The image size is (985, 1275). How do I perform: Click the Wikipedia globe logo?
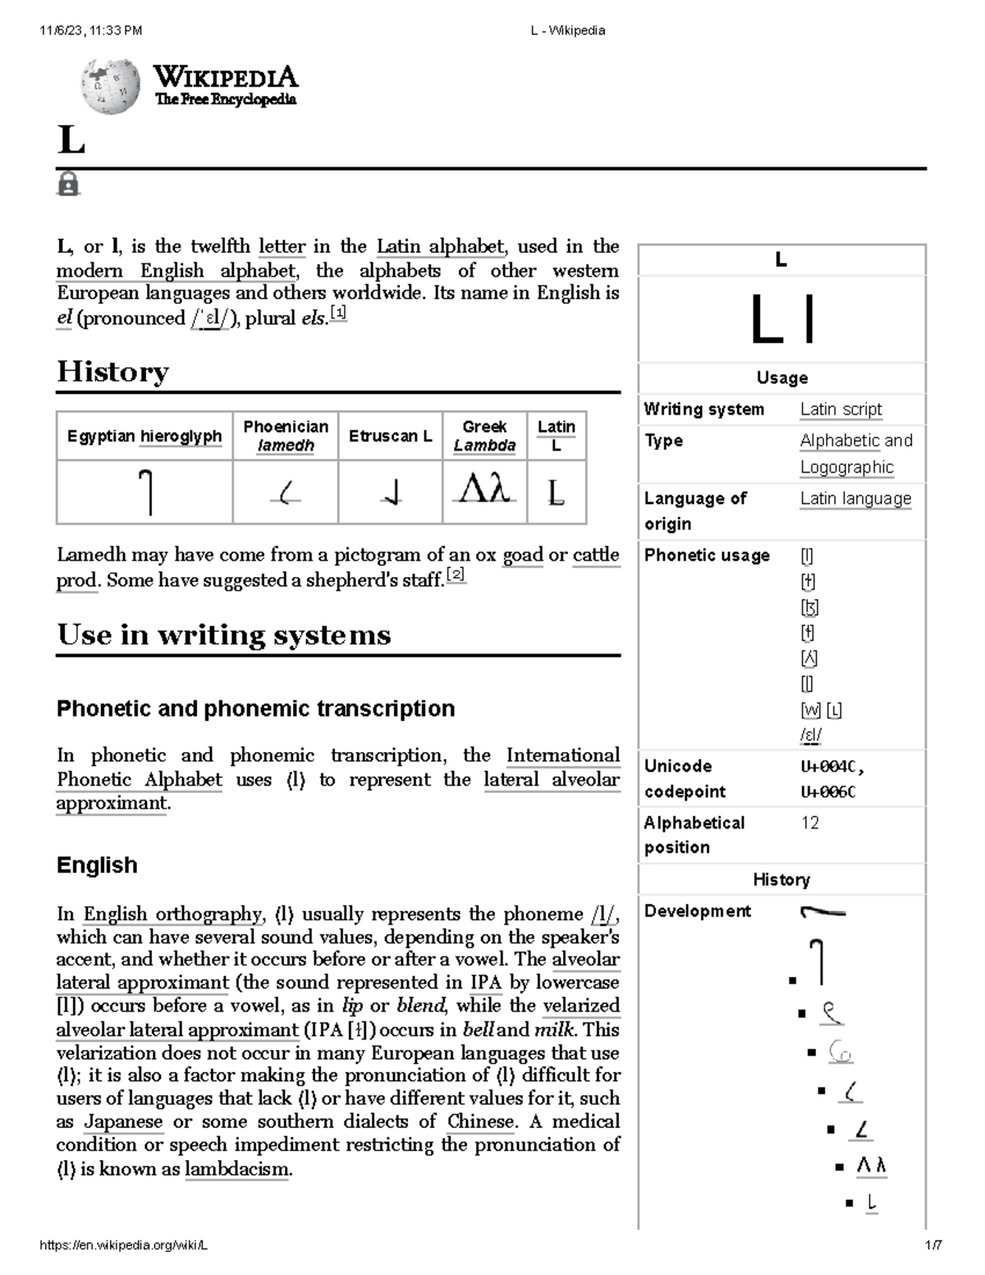tap(110, 86)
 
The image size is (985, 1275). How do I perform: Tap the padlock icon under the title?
tap(68, 184)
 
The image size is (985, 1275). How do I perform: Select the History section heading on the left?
tap(112, 372)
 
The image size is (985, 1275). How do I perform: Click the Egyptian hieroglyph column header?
tap(144, 436)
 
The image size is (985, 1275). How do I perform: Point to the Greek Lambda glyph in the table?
tap(484, 491)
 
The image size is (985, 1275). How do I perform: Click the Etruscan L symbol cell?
tap(391, 493)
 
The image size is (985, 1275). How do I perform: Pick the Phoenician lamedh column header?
tap(285, 436)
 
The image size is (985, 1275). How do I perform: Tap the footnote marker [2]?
tap(456, 576)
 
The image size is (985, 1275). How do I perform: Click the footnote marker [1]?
tap(338, 314)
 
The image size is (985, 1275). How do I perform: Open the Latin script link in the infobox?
tap(841, 409)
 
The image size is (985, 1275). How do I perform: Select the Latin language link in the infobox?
tap(855, 498)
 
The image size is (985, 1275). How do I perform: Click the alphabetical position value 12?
tap(809, 823)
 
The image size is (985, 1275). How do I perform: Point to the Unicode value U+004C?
tap(831, 767)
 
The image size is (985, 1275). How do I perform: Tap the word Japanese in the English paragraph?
tap(123, 1121)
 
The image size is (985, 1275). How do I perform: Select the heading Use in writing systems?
tap(223, 635)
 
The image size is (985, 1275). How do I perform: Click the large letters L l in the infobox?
tap(781, 320)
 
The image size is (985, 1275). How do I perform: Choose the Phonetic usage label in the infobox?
tap(707, 555)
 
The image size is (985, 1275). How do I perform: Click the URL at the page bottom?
tap(123, 1245)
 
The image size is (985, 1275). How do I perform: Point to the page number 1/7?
tap(933, 1245)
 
